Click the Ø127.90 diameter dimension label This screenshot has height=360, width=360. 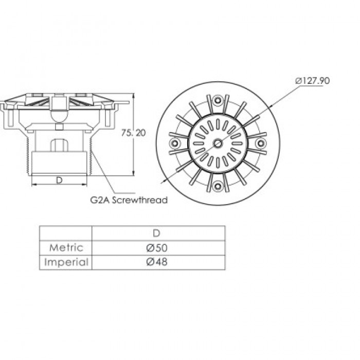tap(312, 81)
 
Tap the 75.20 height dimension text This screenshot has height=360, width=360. tap(133, 133)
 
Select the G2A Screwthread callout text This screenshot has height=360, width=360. tap(129, 200)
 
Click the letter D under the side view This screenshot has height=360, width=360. tap(59, 181)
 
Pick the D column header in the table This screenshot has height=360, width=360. tap(156, 233)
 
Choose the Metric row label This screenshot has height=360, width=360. tap(66, 248)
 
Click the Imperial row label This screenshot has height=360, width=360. tap(66, 262)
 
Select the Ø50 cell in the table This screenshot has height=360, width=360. tap(157, 248)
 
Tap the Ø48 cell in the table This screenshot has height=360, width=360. tap(157, 262)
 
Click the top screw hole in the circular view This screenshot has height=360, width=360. tap(218, 100)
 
